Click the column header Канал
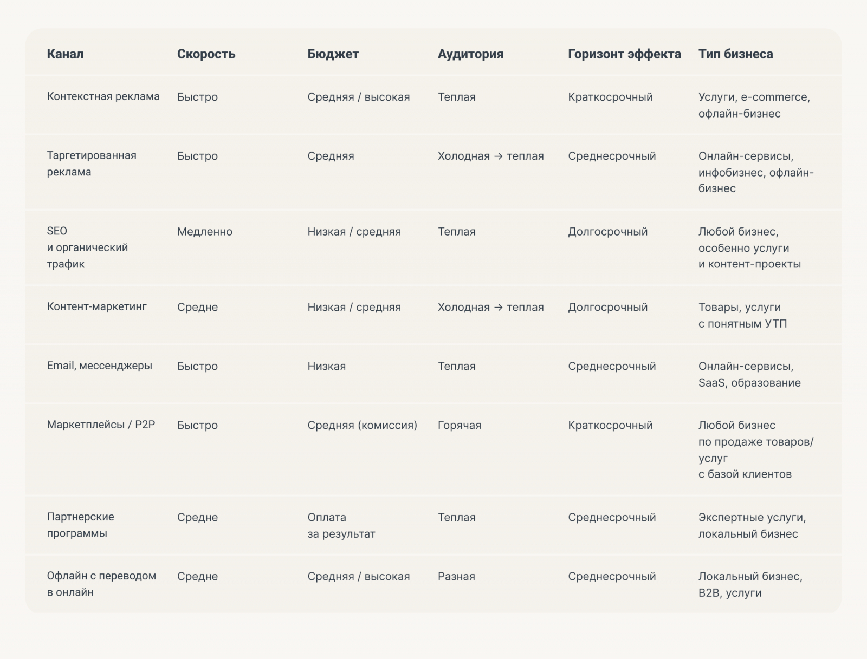click(65, 54)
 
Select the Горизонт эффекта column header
click(624, 54)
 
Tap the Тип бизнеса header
click(735, 54)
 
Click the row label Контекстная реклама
click(103, 96)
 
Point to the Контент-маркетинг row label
click(96, 306)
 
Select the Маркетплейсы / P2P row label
click(101, 425)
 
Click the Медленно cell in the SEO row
click(204, 232)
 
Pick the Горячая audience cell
click(459, 426)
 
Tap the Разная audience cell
click(456, 577)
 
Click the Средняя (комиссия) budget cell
click(362, 426)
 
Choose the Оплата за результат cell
click(341, 525)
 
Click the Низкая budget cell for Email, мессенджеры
click(326, 367)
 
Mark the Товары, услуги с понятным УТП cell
click(742, 315)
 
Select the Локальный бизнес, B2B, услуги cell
click(750, 584)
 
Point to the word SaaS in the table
click(711, 383)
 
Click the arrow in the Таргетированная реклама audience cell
click(499, 156)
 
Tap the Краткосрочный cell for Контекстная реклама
click(610, 97)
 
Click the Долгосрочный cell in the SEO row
click(607, 232)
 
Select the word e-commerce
click(774, 97)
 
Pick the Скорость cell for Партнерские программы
click(197, 518)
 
